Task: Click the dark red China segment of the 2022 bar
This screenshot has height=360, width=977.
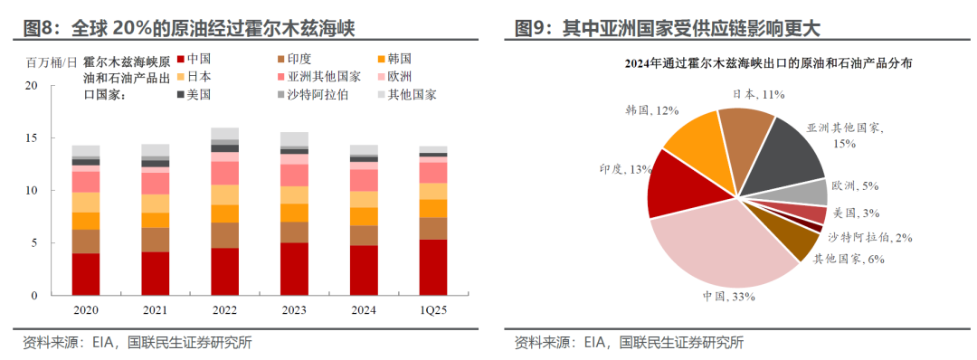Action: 224,271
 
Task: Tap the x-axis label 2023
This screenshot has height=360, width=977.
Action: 294,308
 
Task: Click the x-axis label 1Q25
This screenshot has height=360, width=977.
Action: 432,308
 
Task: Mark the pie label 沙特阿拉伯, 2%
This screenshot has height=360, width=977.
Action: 868,237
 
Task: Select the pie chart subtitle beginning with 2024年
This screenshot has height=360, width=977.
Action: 741,63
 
